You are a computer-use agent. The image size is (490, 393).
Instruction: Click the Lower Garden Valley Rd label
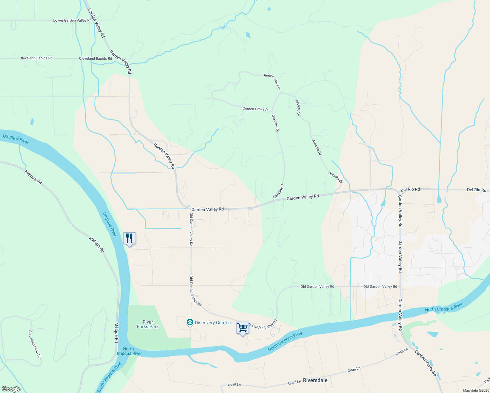click(72, 20)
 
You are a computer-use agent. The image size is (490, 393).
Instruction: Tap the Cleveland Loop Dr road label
click(34, 344)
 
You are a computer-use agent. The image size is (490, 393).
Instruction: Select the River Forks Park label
click(148, 324)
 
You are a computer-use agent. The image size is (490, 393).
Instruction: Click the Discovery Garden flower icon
click(190, 323)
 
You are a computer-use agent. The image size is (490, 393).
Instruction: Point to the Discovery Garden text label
click(213, 323)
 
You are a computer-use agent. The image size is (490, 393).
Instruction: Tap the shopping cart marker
click(242, 328)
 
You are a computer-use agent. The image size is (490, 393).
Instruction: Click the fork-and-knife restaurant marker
click(129, 239)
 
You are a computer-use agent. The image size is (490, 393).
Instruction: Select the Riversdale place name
click(315, 380)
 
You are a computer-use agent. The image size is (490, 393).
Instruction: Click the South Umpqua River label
click(109, 377)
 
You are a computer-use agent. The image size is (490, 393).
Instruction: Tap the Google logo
click(11, 389)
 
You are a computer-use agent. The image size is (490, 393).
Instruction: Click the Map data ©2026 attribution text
click(476, 390)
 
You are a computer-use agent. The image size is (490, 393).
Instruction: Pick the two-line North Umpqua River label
click(129, 351)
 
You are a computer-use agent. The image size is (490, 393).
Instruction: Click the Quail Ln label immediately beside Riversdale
click(294, 382)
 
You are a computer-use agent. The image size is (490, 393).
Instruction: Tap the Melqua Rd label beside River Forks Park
click(116, 333)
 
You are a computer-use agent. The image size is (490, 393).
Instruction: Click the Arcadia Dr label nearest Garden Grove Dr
click(298, 108)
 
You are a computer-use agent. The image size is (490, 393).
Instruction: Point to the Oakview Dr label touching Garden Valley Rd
click(278, 191)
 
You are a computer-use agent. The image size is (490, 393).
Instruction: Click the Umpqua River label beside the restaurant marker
click(110, 224)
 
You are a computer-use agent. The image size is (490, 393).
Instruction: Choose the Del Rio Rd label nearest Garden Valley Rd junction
click(410, 189)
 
